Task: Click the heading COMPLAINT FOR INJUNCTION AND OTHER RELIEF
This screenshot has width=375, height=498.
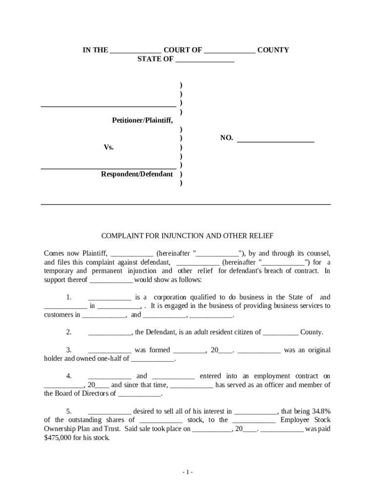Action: pos(187,236)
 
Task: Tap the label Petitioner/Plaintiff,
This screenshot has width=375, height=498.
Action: pos(142,120)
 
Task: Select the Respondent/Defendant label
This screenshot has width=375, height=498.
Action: pos(137,174)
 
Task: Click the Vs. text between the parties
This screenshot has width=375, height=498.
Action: pos(108,147)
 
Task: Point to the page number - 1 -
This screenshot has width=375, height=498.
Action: pos(187,472)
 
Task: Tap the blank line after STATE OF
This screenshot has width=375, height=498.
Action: pos(205,61)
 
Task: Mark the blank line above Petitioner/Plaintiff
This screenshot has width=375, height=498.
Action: pos(108,105)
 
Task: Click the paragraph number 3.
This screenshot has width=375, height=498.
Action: pos(69,350)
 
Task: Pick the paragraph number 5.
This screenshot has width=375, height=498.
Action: pos(69,411)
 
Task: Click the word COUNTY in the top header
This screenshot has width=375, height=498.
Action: pos(273,50)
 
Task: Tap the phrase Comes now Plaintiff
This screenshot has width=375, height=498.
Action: pos(75,253)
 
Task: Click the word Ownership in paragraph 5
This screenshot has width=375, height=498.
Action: pos(60,429)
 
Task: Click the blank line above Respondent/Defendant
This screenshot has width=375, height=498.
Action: pos(108,167)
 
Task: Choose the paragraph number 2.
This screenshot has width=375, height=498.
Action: pos(69,332)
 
